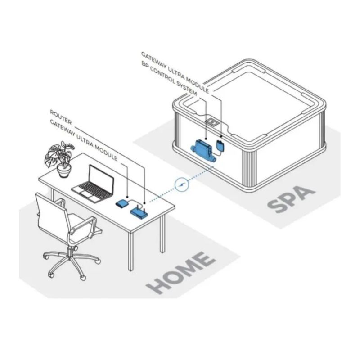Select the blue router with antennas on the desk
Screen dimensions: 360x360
point(139,211)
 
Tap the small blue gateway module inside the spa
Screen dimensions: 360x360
point(221,145)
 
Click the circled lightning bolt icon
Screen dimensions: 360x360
point(181,185)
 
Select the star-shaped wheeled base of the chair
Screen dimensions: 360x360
point(74,263)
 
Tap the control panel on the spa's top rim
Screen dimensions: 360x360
point(213,122)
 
